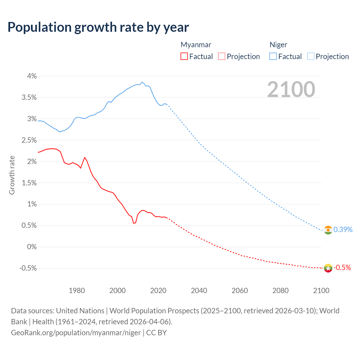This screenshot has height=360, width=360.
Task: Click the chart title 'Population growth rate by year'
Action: [98, 27]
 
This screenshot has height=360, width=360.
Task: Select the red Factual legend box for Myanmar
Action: [184, 57]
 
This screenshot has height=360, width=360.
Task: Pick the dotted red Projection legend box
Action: [222, 57]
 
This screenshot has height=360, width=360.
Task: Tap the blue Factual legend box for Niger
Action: [273, 57]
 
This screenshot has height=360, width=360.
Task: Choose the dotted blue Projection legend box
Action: [310, 57]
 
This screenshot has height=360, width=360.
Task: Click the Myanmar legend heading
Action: [196, 45]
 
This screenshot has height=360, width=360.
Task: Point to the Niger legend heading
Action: [278, 45]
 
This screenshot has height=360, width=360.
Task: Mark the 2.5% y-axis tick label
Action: [29, 140]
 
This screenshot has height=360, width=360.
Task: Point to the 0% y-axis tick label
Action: [32, 247]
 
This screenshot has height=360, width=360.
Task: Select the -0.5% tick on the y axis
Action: [28, 268]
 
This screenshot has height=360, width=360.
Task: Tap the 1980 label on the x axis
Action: [77, 291]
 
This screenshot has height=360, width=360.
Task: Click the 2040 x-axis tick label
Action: [199, 291]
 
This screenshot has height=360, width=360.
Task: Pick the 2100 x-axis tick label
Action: [321, 291]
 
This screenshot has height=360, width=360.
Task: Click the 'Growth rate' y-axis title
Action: [12, 175]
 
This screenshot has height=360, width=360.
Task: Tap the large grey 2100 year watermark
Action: [291, 89]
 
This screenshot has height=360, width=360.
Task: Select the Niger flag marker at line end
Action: [328, 230]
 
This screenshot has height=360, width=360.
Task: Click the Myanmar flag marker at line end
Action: [328, 268]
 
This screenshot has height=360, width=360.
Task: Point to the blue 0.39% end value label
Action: [343, 230]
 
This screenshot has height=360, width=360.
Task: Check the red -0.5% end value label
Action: [342, 267]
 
